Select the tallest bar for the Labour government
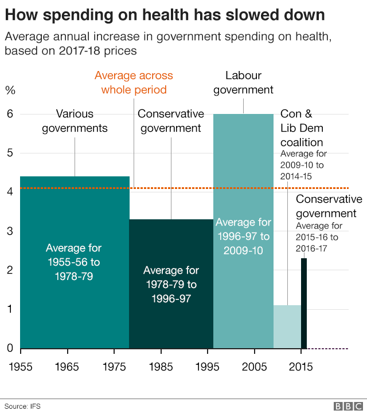pyautogui.click(x=243, y=172)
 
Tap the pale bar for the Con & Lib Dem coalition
pyautogui.click(x=287, y=326)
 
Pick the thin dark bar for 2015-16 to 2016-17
pyautogui.click(x=304, y=303)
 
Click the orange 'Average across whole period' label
pyautogui.click(x=134, y=82)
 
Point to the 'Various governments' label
pyautogui.click(x=75, y=121)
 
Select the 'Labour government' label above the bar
pyautogui.click(x=243, y=82)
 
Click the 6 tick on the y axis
pyautogui.click(x=9, y=114)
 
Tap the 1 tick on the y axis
pyautogui.click(x=9, y=309)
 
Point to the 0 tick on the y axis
pyautogui.click(x=9, y=348)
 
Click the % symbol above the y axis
pyautogui.click(x=10, y=90)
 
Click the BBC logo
pyautogui.click(x=346, y=406)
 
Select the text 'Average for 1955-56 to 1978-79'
pyautogui.click(x=73, y=262)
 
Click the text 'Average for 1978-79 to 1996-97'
pyautogui.click(x=171, y=284)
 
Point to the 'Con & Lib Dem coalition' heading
pyautogui.click(x=302, y=128)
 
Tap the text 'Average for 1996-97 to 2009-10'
pyautogui.click(x=243, y=236)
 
